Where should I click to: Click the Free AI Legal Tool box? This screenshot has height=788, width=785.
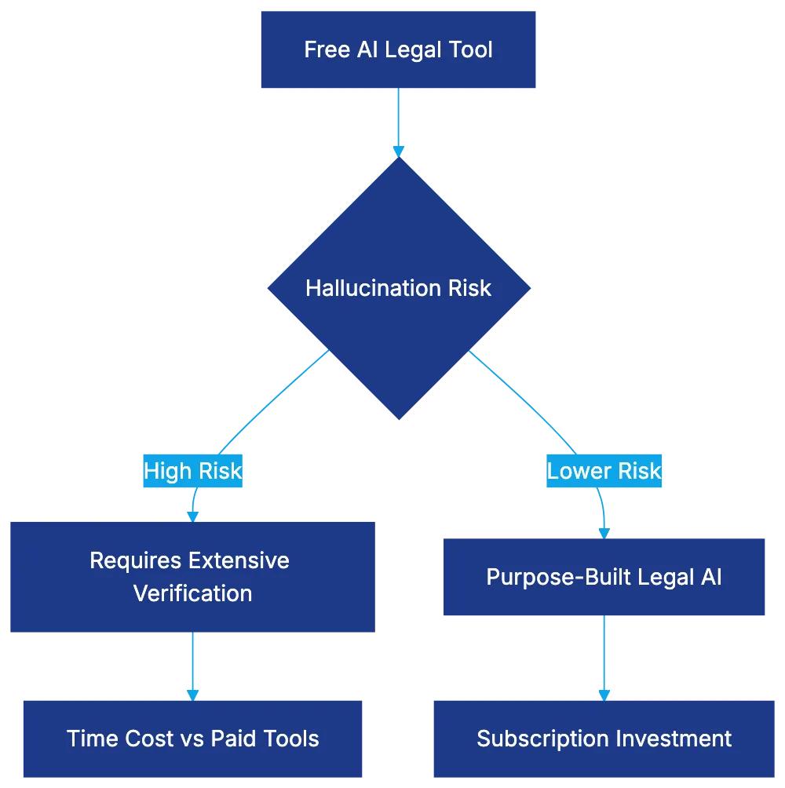(x=398, y=50)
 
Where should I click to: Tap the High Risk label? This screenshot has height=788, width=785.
(x=193, y=471)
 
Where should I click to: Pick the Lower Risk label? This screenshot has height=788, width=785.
(x=604, y=471)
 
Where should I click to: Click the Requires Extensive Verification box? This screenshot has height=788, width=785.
(x=192, y=577)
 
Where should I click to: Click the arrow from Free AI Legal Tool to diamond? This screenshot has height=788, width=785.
(x=398, y=122)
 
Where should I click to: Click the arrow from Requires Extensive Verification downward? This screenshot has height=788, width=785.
(x=192, y=663)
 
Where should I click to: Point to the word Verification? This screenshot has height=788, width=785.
(x=192, y=593)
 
